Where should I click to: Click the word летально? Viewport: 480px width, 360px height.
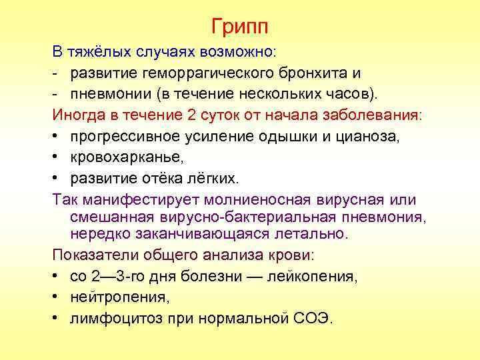[x=313, y=234]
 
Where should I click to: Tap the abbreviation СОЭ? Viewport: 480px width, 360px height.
[x=313, y=318]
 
